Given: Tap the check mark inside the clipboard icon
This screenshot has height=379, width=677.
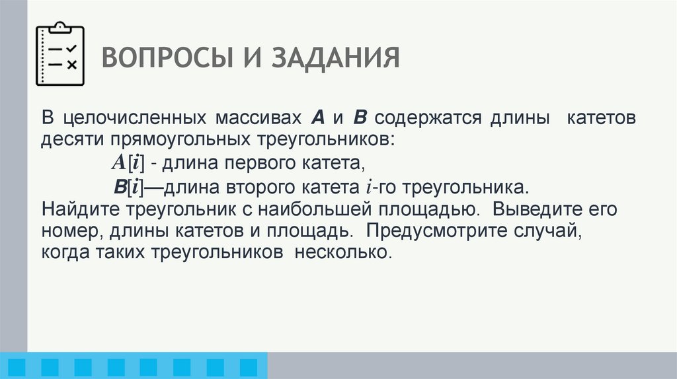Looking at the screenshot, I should (x=71, y=50).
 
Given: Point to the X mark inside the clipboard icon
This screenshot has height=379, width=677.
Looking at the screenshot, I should (x=71, y=64).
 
